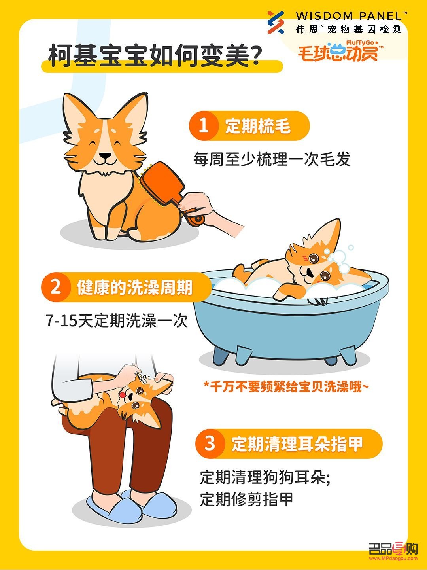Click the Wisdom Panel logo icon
tap(276, 22)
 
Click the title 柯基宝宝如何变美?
tap(155, 57)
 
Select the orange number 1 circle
tap(204, 126)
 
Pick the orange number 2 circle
tap(56, 287)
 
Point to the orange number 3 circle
tap(210, 443)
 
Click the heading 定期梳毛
tap(258, 126)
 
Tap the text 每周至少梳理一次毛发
tap(272, 159)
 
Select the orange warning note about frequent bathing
tap(285, 386)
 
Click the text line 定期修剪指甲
tap(246, 499)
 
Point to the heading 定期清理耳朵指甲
tap(297, 444)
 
